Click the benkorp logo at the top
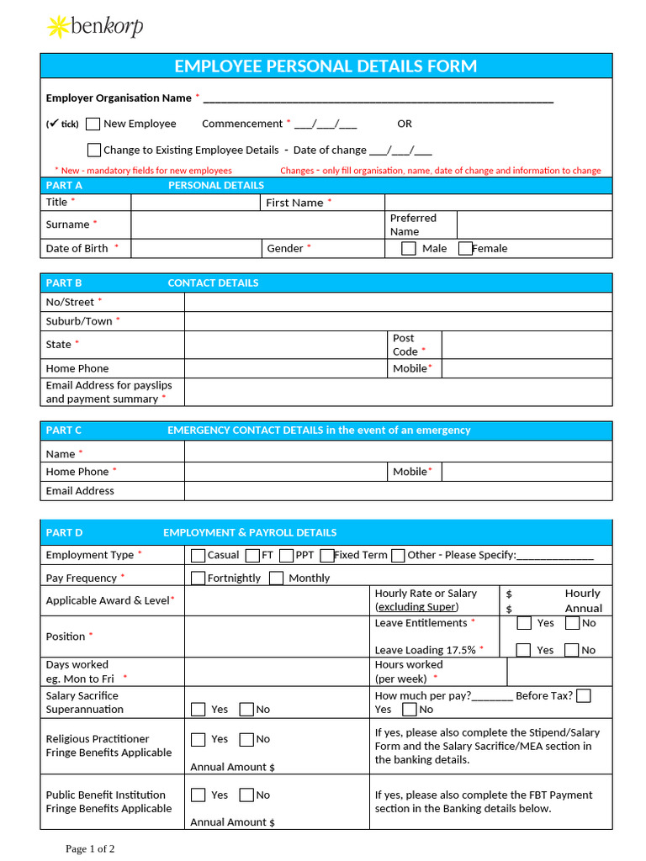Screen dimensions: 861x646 (94, 27)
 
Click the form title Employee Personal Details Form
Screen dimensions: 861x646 (326, 66)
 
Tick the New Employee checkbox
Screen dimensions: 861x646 (93, 124)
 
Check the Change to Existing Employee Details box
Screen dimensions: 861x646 (93, 151)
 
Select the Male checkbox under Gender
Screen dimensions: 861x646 (409, 248)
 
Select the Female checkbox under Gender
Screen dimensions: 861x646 (465, 248)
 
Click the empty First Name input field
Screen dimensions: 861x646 (498, 203)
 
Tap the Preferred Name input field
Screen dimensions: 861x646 (534, 224)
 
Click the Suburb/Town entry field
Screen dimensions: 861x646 (398, 321)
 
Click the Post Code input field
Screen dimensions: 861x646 (527, 345)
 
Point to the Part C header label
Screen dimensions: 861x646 (64, 430)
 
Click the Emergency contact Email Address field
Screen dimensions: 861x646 (398, 491)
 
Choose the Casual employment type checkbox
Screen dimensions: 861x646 (198, 555)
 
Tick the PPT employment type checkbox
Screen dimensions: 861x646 (286, 555)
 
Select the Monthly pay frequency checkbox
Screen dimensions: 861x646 (276, 578)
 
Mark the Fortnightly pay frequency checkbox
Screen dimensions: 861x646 (198, 578)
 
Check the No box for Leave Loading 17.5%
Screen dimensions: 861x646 (572, 650)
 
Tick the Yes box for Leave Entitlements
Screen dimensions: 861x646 (524, 623)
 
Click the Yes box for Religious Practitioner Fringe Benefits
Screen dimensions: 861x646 (198, 740)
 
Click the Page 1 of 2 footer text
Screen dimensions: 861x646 (90, 848)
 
